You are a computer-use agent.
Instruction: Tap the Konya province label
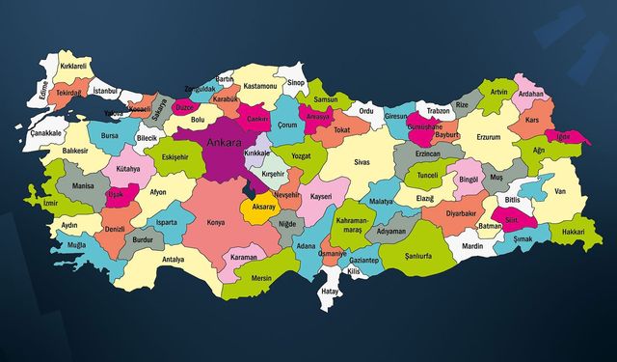216,222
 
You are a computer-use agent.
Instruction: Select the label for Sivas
362,163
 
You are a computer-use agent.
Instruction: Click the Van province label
559,191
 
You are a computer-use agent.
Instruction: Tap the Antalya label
173,260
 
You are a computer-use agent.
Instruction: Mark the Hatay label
331,291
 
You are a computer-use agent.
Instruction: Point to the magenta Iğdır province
565,136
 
